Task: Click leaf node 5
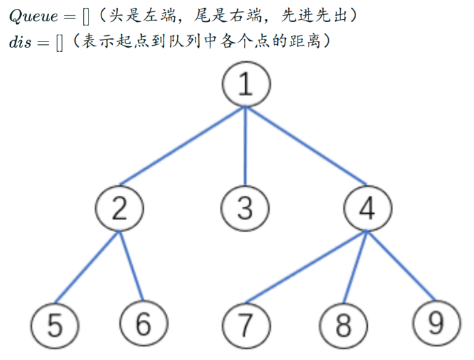[x=56, y=325]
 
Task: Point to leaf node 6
[x=143, y=324]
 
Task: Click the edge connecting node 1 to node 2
[x=183, y=146]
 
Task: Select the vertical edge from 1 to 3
[x=245, y=146]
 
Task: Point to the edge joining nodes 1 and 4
[x=306, y=146]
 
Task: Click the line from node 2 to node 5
[x=88, y=267]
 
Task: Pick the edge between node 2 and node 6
[x=131, y=267]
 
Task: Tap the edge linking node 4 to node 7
[x=306, y=267]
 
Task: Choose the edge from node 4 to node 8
[x=355, y=267]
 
